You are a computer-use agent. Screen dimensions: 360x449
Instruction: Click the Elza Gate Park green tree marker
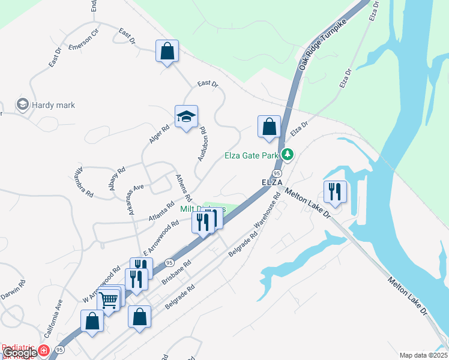288,155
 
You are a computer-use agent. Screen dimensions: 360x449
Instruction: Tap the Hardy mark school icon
23,105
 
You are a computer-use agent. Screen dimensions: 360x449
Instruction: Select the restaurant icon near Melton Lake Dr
334,192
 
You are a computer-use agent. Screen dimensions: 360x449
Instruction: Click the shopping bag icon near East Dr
167,51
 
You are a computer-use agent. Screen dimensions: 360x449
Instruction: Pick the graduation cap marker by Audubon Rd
186,117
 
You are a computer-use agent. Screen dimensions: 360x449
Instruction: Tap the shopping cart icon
109,300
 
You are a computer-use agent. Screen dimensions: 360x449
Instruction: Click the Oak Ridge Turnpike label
316,50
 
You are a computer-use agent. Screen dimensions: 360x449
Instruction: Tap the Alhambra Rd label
83,182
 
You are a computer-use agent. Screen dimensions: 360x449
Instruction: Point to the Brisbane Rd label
177,272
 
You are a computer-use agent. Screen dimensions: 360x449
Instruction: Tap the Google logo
20,353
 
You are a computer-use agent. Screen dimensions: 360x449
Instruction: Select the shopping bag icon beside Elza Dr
269,127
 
